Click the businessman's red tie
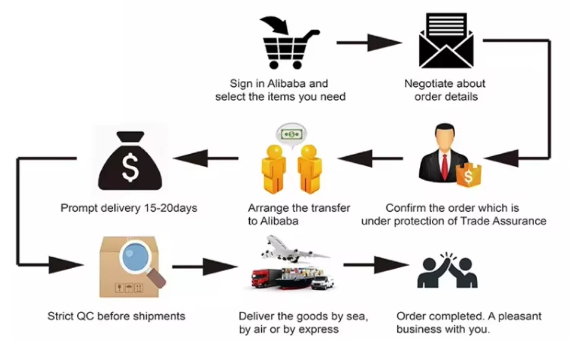click(x=445, y=164)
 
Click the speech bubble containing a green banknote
click(x=292, y=133)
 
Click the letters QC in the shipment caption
click(x=85, y=316)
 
